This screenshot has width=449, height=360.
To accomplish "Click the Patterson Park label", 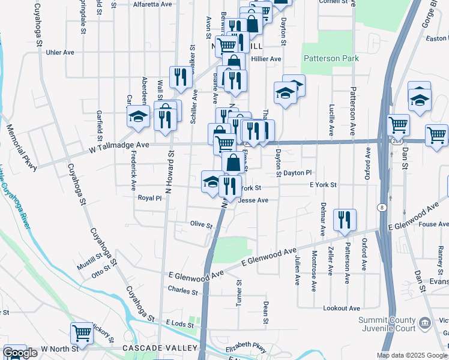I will coord(331,59).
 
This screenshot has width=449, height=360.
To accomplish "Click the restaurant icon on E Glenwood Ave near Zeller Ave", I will coord(345,220).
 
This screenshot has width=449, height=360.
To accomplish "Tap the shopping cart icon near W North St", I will coord(82,334).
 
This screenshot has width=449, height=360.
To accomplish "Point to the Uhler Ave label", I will coord(59,52).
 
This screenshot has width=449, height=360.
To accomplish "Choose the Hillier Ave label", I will coord(267,59).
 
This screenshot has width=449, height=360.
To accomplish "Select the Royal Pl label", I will coord(149,197).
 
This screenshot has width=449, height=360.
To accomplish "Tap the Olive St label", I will coord(201,225).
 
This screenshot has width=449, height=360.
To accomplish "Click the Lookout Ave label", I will coord(341,308).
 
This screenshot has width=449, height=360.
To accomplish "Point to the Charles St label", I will coord(182,291).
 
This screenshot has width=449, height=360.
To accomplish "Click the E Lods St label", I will coord(180,324).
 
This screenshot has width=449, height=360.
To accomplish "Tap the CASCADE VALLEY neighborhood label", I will coord(160,348).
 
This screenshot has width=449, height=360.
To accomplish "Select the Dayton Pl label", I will coord(298,172).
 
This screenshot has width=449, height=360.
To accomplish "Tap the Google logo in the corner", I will coord(20,353).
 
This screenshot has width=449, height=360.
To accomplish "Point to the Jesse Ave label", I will coord(253,200).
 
